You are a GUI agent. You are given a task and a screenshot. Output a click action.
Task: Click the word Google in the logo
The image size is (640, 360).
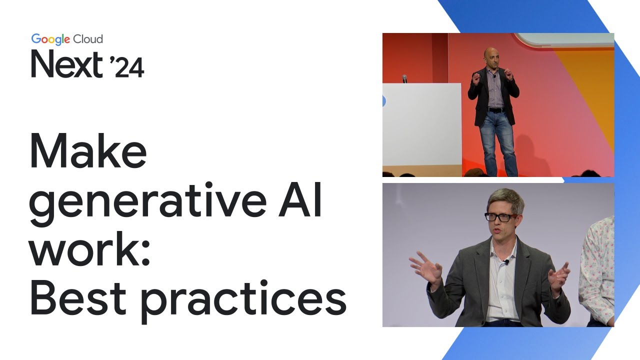click(50, 39)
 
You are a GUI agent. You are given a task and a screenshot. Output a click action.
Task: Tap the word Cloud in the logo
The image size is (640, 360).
click(88, 39)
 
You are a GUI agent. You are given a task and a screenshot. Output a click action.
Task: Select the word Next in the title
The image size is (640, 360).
click(67, 64)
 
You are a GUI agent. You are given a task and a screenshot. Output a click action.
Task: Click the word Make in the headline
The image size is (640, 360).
click(88, 152)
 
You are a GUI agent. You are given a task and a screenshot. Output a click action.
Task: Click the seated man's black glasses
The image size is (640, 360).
click(500, 217)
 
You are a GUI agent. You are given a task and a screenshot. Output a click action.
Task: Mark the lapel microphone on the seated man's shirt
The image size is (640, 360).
click(506, 262)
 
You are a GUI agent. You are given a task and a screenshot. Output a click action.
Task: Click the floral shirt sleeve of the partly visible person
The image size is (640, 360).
click(597, 270)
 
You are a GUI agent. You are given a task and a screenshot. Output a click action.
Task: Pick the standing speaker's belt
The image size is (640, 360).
click(496, 109)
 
